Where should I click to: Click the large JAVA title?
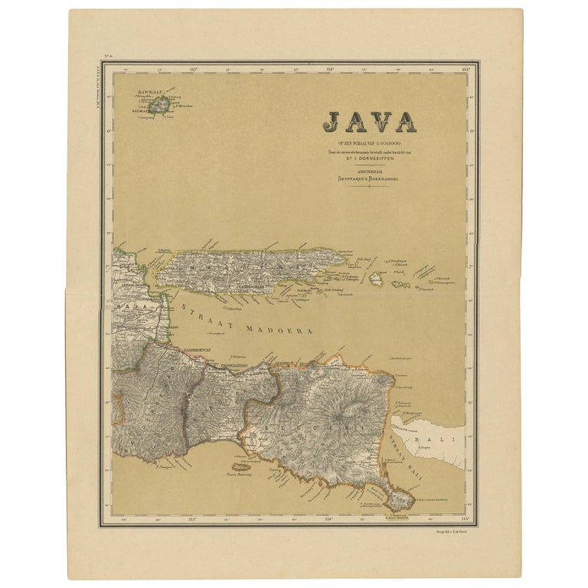pos(369,121)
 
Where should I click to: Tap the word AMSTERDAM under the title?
pos(369,171)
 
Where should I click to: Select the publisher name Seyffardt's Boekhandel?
pos(369,178)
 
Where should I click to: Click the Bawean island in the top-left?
pos(158,105)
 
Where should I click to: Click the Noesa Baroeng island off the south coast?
pos(240,465)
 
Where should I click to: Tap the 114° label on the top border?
pos(330,69)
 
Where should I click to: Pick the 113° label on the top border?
pos(194,69)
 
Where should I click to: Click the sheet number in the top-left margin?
pos(106,57)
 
